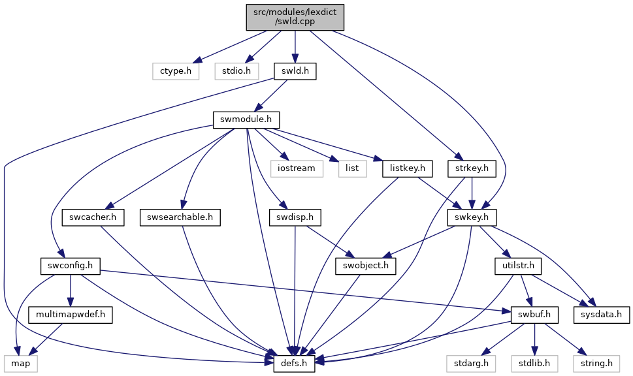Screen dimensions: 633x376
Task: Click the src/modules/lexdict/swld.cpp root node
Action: (x=295, y=17)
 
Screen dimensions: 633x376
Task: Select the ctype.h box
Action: (x=176, y=71)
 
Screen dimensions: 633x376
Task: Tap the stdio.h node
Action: (x=236, y=71)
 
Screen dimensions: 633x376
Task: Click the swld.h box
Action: (x=295, y=71)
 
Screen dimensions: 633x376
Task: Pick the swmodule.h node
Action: (x=246, y=120)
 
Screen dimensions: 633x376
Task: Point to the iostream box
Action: (x=296, y=168)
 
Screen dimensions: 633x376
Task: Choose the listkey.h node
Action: (x=408, y=168)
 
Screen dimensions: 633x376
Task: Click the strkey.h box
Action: (x=472, y=168)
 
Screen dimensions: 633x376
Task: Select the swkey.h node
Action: (x=472, y=217)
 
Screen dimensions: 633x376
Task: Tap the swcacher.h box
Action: (x=93, y=217)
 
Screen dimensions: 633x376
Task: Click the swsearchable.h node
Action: (x=180, y=217)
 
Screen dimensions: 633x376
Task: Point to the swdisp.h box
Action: (x=295, y=217)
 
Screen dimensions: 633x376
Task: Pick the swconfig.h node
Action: (x=71, y=266)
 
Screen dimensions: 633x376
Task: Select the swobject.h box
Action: (x=366, y=266)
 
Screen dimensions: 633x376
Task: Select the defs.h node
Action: (x=294, y=364)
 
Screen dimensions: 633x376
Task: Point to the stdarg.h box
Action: (x=471, y=364)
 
